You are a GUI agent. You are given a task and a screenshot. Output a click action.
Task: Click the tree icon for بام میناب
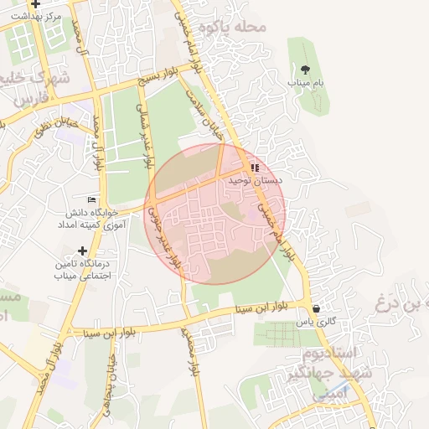(x=304, y=70)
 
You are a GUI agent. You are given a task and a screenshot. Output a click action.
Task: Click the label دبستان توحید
(x=255, y=180)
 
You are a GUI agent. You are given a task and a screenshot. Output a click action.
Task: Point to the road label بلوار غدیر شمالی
(x=150, y=139)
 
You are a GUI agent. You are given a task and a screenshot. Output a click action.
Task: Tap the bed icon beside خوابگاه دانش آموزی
(x=91, y=199)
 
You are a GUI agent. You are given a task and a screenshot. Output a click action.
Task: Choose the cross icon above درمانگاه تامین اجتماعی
(x=82, y=251)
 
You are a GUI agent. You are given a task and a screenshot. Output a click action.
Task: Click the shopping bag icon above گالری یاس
(x=315, y=308)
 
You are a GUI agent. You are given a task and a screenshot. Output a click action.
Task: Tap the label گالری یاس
(x=315, y=322)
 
